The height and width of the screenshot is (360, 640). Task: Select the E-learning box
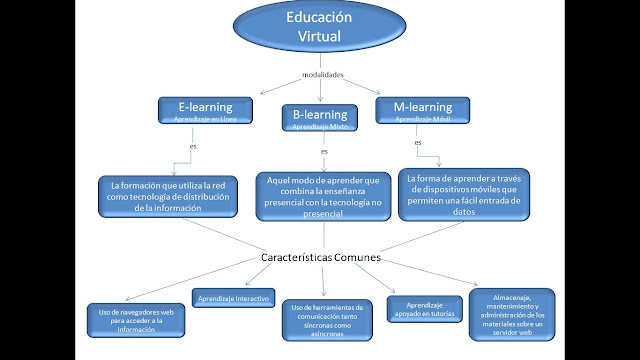pos(205,110)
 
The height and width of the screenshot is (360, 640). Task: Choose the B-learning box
pos(321,118)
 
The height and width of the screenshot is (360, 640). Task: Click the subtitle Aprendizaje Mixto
pos(321,128)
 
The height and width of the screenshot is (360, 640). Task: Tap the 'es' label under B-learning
pos(324,151)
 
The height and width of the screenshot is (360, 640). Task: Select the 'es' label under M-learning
pos(418,142)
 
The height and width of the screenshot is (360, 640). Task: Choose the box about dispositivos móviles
pos(464,193)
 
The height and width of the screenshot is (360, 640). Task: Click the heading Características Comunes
pos(320,257)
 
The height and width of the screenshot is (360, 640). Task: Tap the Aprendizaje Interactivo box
pos(233,298)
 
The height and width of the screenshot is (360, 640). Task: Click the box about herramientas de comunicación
pos(325,320)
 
